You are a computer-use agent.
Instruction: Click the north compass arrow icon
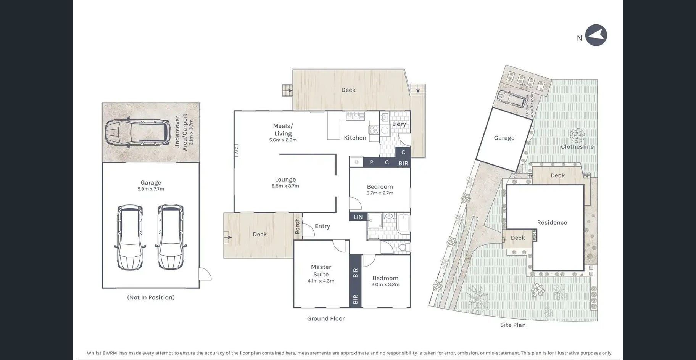(x=596, y=35)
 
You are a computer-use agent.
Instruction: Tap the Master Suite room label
(x=321, y=271)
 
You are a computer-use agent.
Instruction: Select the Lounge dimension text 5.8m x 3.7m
(x=285, y=186)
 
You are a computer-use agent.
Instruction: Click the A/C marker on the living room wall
(x=236, y=150)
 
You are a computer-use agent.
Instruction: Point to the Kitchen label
(x=355, y=138)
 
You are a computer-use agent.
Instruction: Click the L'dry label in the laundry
(x=399, y=124)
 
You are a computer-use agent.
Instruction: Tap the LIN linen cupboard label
(x=358, y=217)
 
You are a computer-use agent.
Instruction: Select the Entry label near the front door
(x=322, y=226)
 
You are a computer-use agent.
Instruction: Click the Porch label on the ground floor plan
(x=298, y=226)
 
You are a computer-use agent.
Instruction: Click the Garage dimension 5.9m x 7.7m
(x=151, y=189)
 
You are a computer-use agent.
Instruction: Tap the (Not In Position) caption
(x=151, y=297)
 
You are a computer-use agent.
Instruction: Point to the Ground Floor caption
(x=326, y=318)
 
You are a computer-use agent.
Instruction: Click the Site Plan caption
(x=513, y=325)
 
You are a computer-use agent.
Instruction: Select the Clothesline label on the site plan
(x=577, y=147)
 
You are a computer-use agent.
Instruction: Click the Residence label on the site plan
(x=552, y=222)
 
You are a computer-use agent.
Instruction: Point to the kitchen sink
(x=355, y=115)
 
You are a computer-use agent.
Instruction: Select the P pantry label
(x=372, y=162)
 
